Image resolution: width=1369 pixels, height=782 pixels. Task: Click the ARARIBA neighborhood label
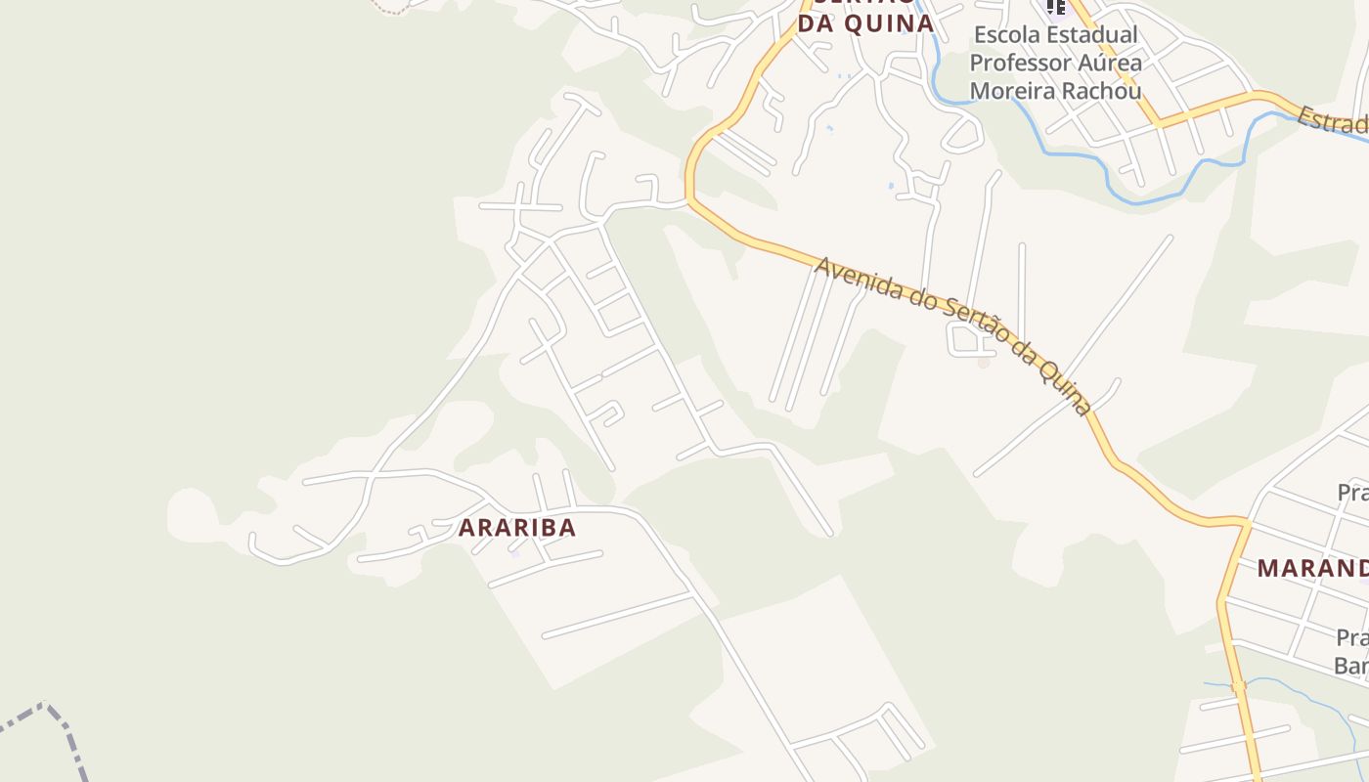pos(517,528)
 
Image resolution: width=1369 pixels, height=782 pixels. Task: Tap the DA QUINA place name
pos(865,23)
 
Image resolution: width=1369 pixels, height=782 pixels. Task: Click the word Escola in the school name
pos(1006,35)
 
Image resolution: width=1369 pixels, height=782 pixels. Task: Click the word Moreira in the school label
pos(1012,90)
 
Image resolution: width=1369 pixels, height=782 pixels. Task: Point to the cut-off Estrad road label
pos(1332,123)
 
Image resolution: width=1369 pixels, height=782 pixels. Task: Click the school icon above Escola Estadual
pos(1055,8)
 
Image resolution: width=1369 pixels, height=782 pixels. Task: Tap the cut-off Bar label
pos(1350,667)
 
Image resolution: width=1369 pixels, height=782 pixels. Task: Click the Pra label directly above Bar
pos(1351,638)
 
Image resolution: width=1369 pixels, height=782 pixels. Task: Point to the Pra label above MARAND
pos(1352,492)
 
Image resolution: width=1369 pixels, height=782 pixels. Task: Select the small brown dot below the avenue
pos(984,363)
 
